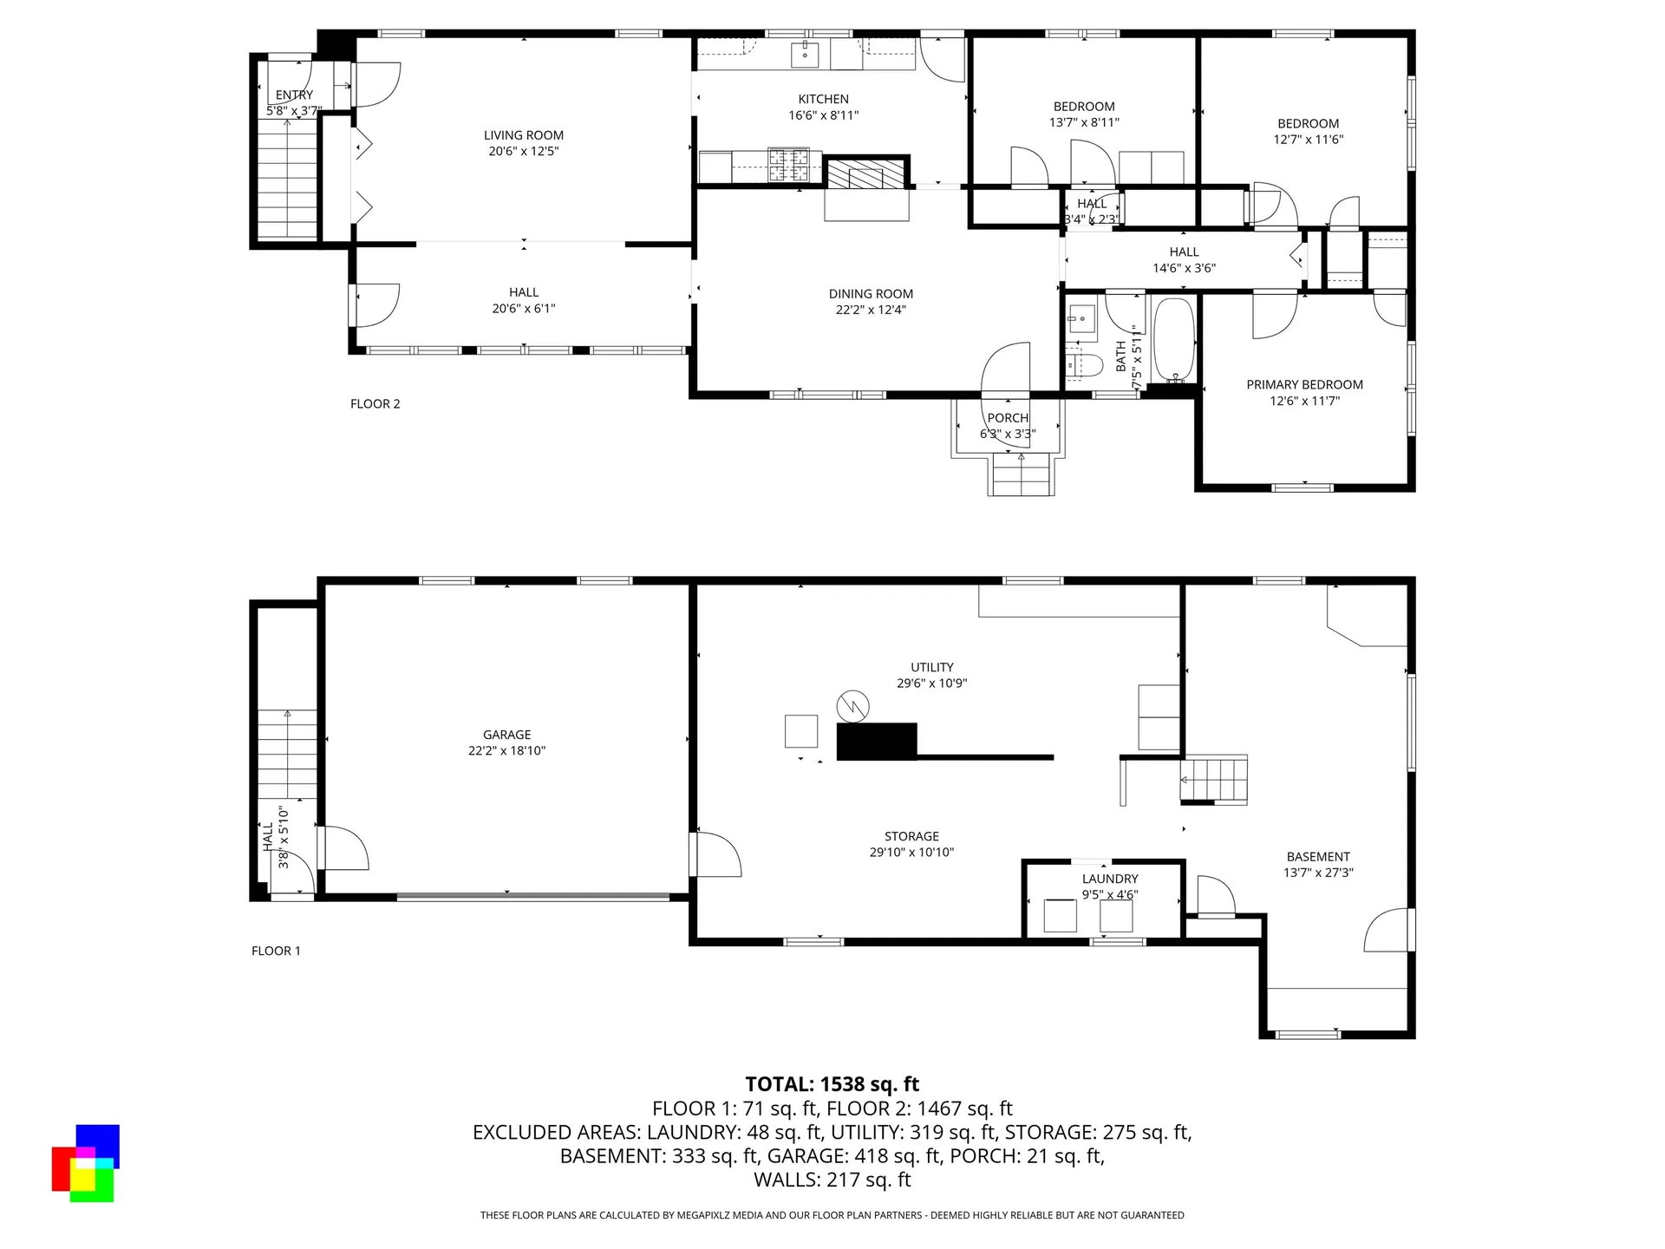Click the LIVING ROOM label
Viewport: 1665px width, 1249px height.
pos(523,135)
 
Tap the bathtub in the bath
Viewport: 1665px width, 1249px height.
pos(1174,340)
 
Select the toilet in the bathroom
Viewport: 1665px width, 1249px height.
pos(1082,365)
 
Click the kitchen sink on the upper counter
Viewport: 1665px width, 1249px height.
pos(806,55)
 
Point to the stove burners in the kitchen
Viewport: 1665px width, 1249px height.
pos(788,167)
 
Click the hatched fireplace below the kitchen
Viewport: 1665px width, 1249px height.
pos(865,173)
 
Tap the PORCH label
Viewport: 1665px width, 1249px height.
pos(1008,418)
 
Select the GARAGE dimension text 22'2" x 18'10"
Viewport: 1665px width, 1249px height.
pos(506,751)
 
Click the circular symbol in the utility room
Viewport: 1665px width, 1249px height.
pos(852,706)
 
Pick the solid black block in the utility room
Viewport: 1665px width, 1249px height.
pos(876,742)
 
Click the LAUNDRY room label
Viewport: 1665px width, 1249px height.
pos(1110,879)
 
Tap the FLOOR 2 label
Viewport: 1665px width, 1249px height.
pos(375,403)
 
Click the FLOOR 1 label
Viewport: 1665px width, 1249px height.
pos(276,951)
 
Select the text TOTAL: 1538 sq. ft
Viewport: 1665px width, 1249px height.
pos(832,1084)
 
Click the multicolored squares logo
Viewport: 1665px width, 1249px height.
pos(85,1163)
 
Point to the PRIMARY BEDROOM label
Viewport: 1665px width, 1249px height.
pos(1304,384)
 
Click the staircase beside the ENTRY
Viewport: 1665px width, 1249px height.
pos(287,178)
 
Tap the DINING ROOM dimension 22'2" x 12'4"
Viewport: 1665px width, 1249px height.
pos(871,310)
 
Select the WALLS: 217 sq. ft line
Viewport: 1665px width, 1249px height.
pos(832,1180)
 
